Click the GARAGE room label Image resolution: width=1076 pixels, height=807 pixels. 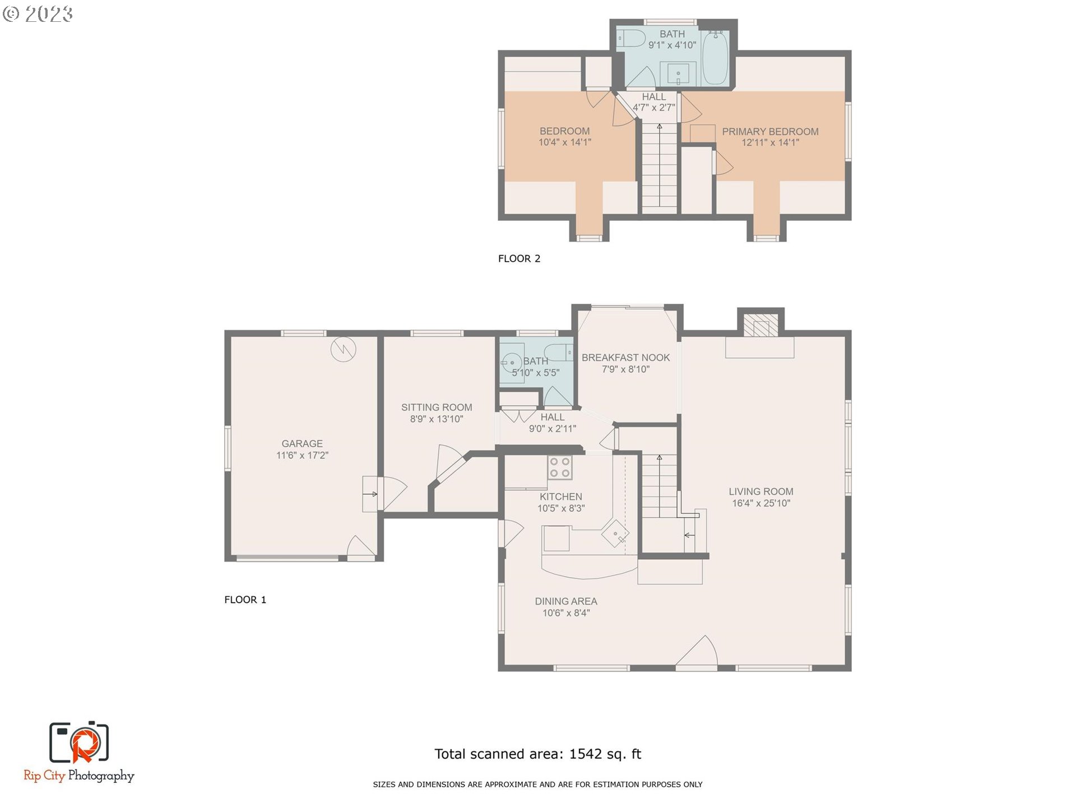click(302, 443)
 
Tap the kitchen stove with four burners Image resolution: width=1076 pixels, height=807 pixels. click(560, 467)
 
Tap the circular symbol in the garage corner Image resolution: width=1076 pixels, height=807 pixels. click(343, 349)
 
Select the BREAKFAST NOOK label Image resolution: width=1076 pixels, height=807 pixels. click(625, 358)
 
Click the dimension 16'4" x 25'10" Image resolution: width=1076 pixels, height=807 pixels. click(761, 503)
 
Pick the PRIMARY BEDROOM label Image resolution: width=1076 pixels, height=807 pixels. click(770, 132)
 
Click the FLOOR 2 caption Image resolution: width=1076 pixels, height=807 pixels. click(519, 258)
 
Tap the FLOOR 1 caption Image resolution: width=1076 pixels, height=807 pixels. click(245, 600)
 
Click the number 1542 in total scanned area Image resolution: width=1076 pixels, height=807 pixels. click(586, 754)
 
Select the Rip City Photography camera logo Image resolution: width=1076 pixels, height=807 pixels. click(79, 743)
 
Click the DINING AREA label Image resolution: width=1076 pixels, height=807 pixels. click(566, 601)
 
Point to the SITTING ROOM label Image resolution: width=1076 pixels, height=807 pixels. click(437, 407)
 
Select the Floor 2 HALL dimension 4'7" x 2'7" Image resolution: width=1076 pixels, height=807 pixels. click(654, 108)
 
